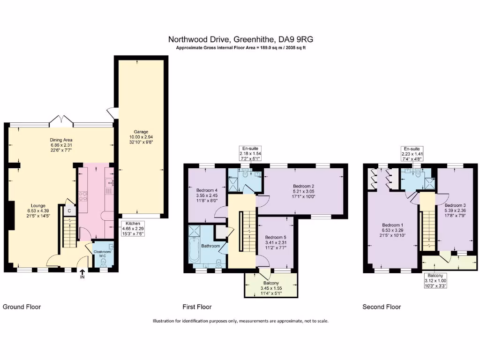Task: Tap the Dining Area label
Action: click(61, 140)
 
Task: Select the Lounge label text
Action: click(38, 205)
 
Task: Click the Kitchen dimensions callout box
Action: click(133, 228)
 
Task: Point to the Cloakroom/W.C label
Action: click(103, 253)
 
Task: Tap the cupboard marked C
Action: click(69, 211)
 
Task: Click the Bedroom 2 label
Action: click(303, 186)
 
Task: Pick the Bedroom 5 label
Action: click(275, 237)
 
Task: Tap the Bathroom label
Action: click(210, 246)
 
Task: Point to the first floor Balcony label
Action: click(271, 283)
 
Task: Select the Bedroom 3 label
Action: click(455, 205)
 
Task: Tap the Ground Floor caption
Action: click(22, 307)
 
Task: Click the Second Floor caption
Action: click(382, 307)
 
